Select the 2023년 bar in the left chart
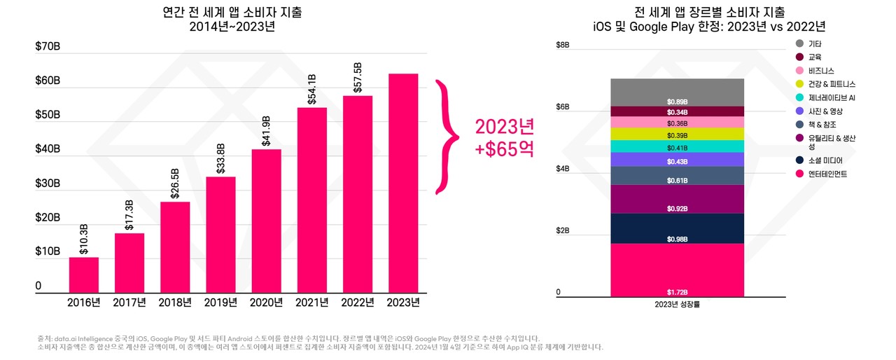click(x=402, y=182)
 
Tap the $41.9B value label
click(x=266, y=131)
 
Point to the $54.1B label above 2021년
click(x=311, y=89)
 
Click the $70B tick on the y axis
click(x=47, y=47)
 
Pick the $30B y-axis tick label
click(x=47, y=184)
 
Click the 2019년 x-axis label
click(x=220, y=303)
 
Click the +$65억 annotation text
click(x=505, y=148)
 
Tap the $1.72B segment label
click(x=677, y=291)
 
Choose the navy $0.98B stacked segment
click(x=677, y=228)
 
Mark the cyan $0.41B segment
click(x=677, y=146)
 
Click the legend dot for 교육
click(x=799, y=57)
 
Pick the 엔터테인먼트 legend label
click(x=827, y=174)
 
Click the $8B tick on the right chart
click(x=562, y=45)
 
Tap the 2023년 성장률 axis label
click(x=677, y=304)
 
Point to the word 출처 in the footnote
click(x=45, y=338)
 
